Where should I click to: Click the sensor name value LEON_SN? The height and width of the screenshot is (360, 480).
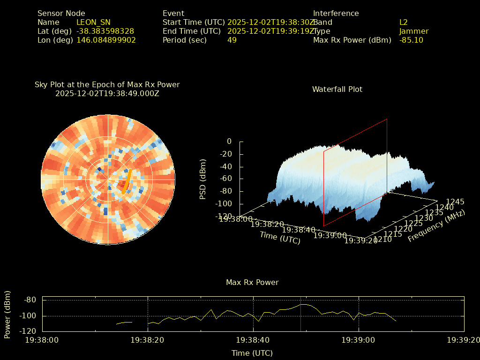[93, 22]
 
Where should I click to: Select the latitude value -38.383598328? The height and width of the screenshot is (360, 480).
[105, 31]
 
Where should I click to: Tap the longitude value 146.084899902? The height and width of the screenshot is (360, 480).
[106, 40]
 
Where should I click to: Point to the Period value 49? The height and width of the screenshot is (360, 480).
[232, 40]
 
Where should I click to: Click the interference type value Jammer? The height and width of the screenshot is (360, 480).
[413, 31]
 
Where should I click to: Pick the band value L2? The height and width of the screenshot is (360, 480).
[403, 22]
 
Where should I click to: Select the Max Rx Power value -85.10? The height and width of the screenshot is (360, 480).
[411, 40]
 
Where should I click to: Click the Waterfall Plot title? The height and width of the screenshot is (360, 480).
[337, 89]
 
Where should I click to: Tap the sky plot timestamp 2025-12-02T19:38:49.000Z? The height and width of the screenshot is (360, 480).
[107, 93]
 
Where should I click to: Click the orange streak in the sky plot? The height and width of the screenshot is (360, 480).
[127, 181]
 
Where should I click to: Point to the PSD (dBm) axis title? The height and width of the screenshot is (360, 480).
[203, 179]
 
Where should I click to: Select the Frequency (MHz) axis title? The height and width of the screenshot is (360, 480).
[436, 226]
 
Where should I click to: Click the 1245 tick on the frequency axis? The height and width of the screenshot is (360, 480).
[455, 202]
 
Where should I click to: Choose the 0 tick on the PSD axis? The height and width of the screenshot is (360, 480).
[229, 141]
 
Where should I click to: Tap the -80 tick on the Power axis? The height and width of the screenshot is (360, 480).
[30, 300]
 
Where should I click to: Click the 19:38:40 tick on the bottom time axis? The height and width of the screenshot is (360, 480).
[253, 340]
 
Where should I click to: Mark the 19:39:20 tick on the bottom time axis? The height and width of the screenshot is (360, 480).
[464, 340]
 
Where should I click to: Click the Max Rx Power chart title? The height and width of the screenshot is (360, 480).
[252, 282]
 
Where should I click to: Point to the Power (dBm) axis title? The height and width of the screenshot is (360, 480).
[7, 315]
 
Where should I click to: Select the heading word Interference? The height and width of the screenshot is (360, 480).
[336, 13]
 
